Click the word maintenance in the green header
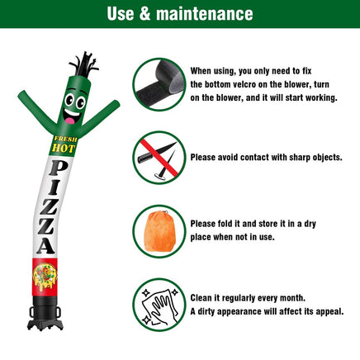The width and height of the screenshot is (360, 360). (x=205, y=14)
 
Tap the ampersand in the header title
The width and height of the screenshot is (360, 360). (x=144, y=14)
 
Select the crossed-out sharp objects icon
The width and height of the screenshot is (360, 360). (x=159, y=158)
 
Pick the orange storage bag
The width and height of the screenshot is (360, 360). (x=159, y=231)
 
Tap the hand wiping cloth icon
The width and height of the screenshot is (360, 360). (x=159, y=305)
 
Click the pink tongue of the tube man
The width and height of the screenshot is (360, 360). (x=69, y=121)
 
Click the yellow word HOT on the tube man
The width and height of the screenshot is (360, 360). (x=64, y=149)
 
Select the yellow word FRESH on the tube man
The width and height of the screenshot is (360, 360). (x=65, y=139)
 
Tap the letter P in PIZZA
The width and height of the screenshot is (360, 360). (x=58, y=168)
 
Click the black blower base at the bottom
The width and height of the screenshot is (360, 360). (x=45, y=313)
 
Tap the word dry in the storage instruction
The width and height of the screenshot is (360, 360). (x=310, y=224)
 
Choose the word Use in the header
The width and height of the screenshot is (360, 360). (x=121, y=14)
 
